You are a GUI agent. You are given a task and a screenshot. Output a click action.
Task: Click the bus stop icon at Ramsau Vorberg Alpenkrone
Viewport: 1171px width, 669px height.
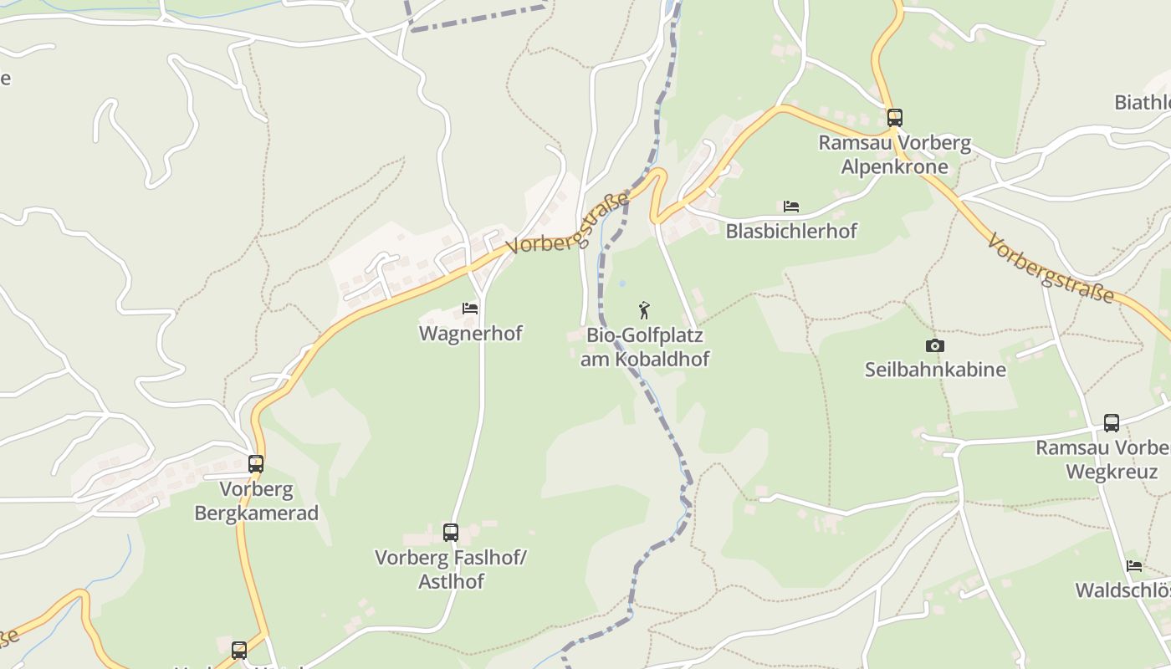coord(895,118)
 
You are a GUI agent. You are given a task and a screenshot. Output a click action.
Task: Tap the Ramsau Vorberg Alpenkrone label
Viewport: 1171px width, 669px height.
coord(895,155)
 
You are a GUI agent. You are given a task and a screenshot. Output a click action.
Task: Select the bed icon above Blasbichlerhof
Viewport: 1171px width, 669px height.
coord(791,207)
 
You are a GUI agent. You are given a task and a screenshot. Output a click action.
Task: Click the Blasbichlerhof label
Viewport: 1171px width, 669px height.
coord(791,231)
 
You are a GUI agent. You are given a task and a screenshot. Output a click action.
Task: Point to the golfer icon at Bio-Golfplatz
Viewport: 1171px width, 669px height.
coord(644,311)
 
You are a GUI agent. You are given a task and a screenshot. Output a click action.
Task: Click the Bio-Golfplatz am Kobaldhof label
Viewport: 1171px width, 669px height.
coord(645,347)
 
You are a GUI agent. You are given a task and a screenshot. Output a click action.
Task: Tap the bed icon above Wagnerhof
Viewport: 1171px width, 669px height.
coord(470,309)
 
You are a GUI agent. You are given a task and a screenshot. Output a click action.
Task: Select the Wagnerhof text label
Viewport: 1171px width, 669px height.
coord(470,334)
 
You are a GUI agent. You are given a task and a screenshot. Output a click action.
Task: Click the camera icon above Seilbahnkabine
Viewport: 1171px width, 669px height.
coord(935,346)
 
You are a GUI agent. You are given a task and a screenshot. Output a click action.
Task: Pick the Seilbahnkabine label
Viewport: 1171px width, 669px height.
coord(935,370)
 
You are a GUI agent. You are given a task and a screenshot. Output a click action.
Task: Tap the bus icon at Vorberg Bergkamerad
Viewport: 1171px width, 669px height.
coord(256,463)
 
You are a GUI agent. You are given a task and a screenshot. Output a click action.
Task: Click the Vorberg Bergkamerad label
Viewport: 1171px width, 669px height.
coord(257,500)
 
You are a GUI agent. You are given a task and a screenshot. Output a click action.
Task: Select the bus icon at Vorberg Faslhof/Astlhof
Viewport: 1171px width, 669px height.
coord(451,532)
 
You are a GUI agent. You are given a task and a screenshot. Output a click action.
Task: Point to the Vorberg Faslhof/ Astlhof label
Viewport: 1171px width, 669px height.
coord(451,569)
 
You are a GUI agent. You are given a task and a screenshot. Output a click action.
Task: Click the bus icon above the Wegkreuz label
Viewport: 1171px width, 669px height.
coord(1112,423)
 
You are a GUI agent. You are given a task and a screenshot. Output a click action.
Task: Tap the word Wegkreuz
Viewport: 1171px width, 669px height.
coord(1112,472)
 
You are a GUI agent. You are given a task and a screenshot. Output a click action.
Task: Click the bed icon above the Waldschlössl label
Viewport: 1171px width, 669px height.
coord(1134,566)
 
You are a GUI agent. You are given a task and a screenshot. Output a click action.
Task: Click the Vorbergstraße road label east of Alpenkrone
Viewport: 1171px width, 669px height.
coord(1051,269)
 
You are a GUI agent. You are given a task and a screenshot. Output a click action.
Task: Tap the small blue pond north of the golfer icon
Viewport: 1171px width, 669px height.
coord(621,284)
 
